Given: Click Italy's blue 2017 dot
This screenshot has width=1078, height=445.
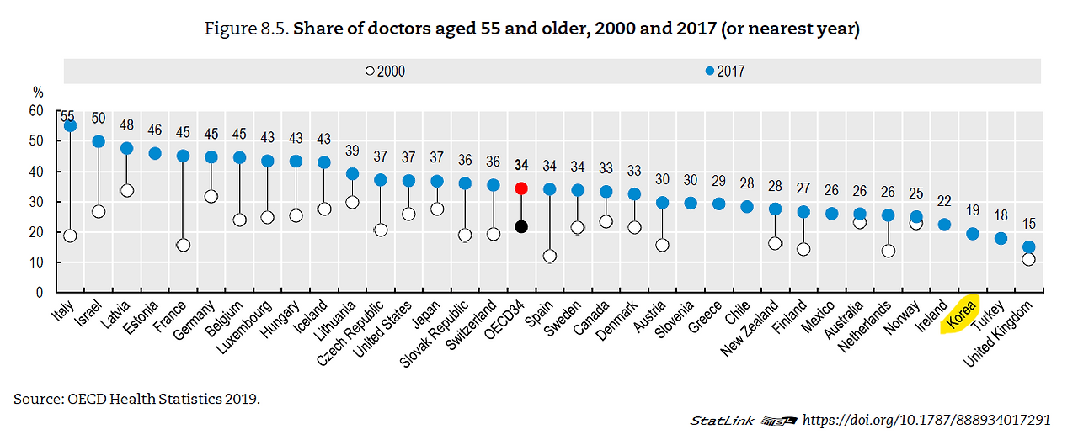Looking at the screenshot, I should [70, 126].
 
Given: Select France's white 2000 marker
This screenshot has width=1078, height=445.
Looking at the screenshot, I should [183, 245].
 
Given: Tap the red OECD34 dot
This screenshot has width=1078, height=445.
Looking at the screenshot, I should [521, 188].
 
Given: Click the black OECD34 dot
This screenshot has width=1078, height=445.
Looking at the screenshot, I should [521, 226].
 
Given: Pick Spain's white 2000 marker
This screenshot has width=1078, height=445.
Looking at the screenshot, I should [550, 256].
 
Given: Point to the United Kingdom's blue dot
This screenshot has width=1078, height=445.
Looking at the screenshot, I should [1029, 247].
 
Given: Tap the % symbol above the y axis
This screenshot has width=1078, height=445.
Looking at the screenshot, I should [37, 92].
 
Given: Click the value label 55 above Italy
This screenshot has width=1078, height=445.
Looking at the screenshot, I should [67, 117].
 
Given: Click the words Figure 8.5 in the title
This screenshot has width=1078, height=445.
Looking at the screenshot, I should [246, 29].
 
